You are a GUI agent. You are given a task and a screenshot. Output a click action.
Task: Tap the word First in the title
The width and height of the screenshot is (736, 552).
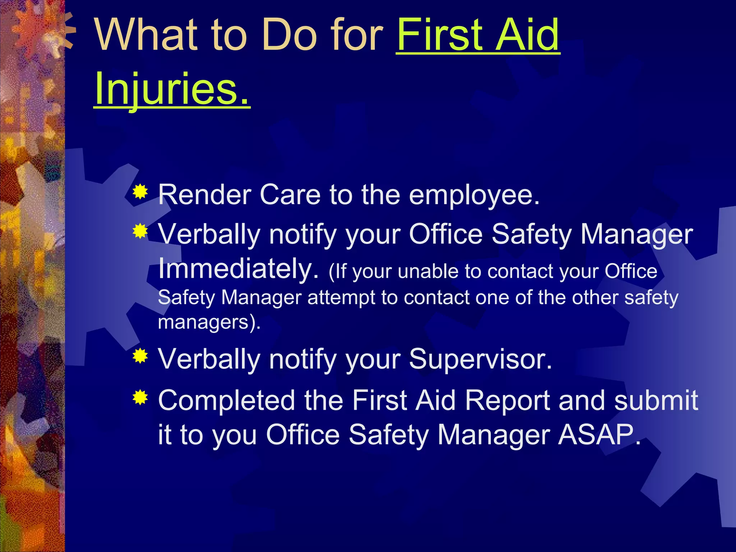point(439,35)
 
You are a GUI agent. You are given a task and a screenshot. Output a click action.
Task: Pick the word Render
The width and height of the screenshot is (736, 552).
point(204,195)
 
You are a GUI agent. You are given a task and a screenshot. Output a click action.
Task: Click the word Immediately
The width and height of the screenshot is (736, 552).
point(238,268)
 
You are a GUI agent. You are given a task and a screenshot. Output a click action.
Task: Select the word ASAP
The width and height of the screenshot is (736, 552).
point(598,434)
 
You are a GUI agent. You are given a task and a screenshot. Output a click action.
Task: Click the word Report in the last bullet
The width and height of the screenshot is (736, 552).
point(507,400)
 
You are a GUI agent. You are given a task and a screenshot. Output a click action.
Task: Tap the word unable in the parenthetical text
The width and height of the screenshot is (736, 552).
point(428,271)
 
